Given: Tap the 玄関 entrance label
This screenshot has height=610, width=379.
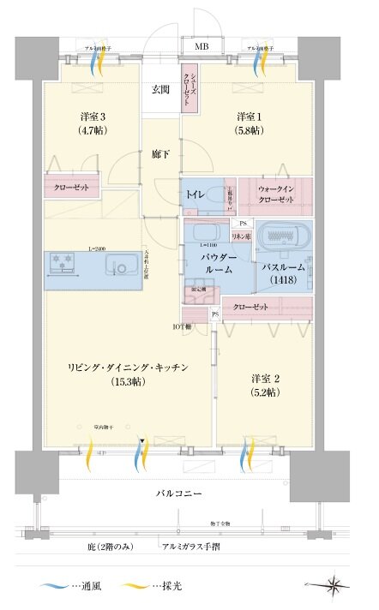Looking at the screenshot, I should click(x=160, y=89).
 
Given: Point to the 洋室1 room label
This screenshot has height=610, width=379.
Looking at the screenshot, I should click(x=250, y=125).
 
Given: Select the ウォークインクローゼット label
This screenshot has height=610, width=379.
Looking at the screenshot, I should click(x=274, y=193).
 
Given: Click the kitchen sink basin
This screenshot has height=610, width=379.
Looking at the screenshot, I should click(x=122, y=268).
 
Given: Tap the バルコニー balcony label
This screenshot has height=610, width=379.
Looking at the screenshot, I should click(x=179, y=494).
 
